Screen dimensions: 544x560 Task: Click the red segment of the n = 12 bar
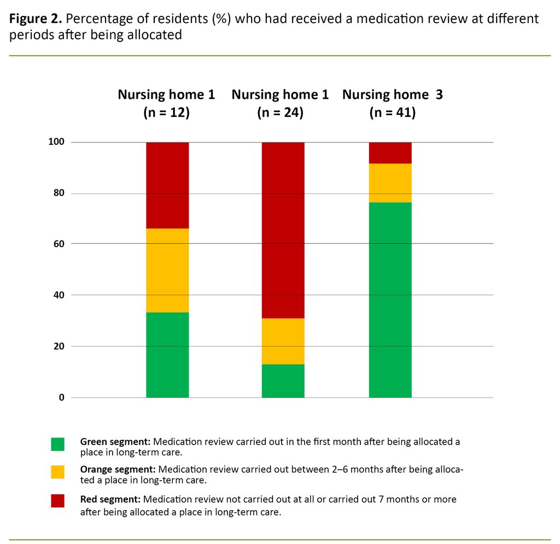point(167,185)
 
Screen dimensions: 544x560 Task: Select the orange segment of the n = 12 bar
point(167,270)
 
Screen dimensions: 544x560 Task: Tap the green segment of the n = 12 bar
point(167,355)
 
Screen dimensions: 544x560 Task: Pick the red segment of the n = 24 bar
point(283,230)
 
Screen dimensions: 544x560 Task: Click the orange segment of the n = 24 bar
point(283,341)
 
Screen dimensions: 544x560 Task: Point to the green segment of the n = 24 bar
point(283,381)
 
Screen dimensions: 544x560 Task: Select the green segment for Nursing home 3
point(390,300)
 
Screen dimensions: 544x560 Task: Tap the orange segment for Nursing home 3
point(390,183)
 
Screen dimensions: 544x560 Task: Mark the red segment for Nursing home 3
point(390,153)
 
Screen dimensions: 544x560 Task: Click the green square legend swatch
point(57,444)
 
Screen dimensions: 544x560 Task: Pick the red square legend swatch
point(57,501)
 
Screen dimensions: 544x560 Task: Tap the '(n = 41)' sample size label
point(392,113)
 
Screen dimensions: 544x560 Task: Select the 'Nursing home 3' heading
point(392,94)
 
